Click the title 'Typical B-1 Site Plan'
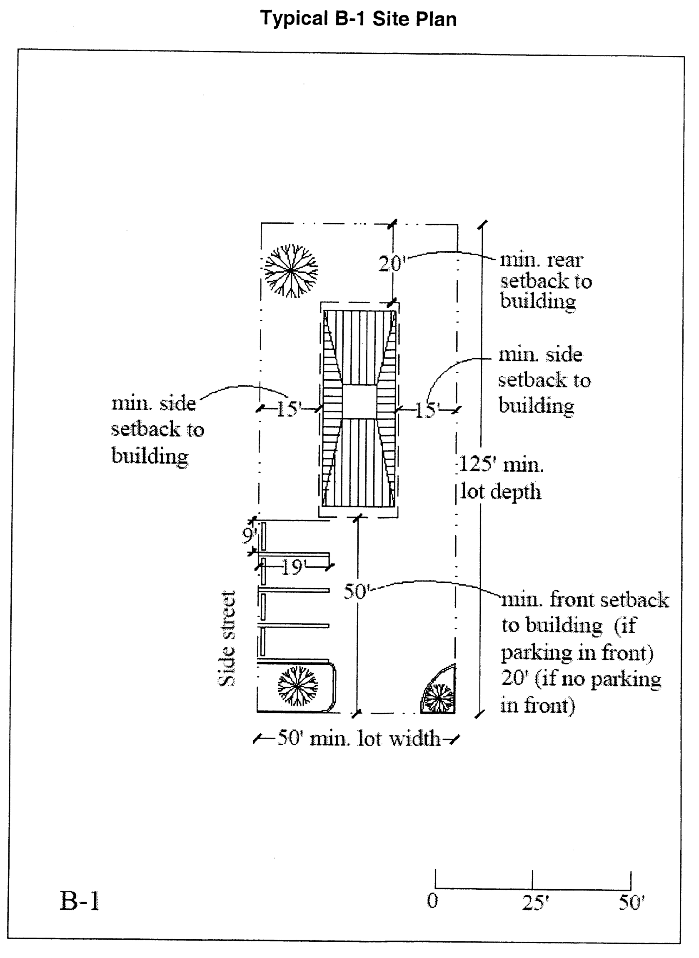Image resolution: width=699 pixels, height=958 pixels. click(x=358, y=19)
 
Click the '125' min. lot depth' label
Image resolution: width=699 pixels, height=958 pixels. click(x=502, y=478)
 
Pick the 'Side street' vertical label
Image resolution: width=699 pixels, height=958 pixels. click(x=226, y=638)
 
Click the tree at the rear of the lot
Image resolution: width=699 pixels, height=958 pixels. click(x=291, y=270)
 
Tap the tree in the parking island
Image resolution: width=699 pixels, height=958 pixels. click(x=297, y=686)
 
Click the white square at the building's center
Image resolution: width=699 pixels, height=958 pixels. click(x=359, y=402)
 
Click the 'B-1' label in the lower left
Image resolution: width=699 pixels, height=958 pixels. click(x=80, y=901)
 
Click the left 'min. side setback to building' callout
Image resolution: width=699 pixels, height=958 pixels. click(x=157, y=430)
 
